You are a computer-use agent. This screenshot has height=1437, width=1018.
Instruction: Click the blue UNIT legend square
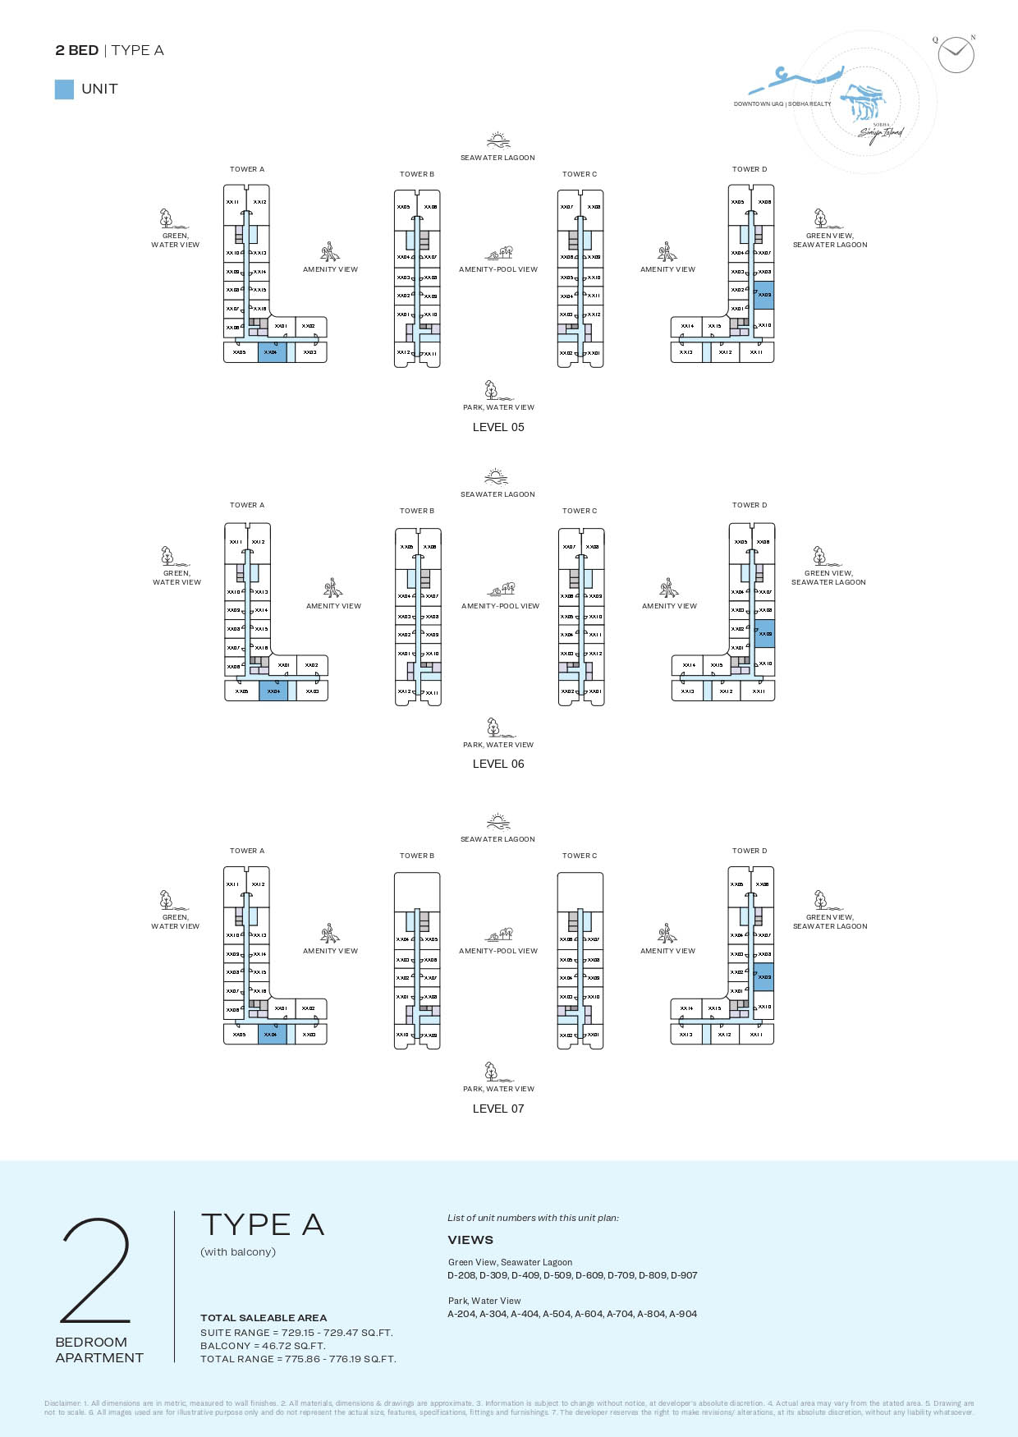pos(64,90)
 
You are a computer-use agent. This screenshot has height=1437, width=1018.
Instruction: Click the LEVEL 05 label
pos(498,427)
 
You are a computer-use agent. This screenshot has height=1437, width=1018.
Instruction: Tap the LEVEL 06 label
pos(498,764)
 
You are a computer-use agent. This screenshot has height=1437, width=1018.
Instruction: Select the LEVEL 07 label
pos(498,1109)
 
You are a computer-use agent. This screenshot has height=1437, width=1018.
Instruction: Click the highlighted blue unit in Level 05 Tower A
pos(272,352)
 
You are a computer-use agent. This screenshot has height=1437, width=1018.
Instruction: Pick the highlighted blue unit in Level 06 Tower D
pos(764,634)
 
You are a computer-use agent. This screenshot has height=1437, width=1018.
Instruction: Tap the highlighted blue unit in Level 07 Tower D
pos(763,977)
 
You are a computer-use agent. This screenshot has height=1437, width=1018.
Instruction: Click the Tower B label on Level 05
pos(417,174)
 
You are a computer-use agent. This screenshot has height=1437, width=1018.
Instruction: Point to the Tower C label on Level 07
pos(580,856)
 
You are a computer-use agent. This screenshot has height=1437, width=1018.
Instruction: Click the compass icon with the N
pos(956,55)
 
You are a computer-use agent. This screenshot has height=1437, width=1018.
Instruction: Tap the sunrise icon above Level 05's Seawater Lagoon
pos(498,140)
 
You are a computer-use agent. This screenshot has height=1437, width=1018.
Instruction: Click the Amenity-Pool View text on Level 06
pos(500,606)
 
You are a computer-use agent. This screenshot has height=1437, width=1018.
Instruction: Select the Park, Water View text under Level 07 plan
pos(498,1089)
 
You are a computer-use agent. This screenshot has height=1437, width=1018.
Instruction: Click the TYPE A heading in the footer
pos(263,1225)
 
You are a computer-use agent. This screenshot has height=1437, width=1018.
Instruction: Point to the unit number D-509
pos(558,1275)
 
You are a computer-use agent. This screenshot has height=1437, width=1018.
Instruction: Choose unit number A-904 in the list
pos(683,1314)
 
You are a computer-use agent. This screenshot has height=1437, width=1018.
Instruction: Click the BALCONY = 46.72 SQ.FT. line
pos(263,1346)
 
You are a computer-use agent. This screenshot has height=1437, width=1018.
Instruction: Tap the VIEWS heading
pos(470,1240)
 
